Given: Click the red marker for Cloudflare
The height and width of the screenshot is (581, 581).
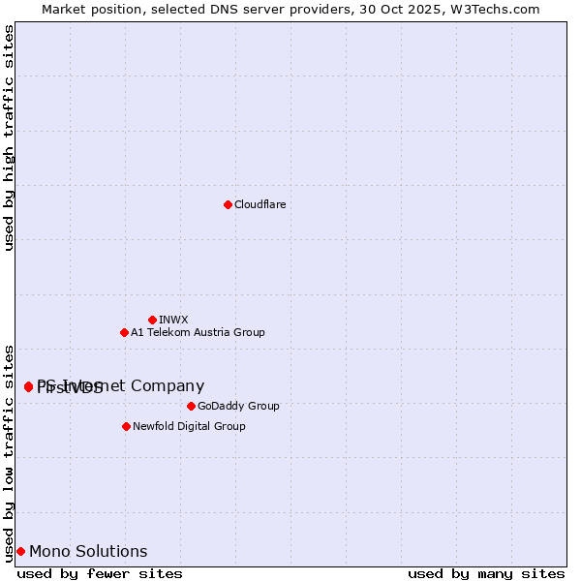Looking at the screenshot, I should coord(228,204).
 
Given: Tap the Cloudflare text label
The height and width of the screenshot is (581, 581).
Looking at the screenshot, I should coord(260,204).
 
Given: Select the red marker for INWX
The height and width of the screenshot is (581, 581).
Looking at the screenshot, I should coord(152,320).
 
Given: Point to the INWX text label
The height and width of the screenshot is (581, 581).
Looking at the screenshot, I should coord(173,320).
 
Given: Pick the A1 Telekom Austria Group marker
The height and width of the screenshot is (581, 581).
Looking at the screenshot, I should coord(124,332).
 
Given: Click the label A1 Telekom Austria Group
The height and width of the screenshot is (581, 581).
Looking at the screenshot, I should coord(198,332).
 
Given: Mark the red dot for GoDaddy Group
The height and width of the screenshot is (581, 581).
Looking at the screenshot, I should coord(191,406).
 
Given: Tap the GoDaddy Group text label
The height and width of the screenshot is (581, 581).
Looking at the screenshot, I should coord(237,406).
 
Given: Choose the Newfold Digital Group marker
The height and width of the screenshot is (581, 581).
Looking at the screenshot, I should coord(126,426).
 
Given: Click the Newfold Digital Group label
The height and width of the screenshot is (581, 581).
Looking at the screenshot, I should coord(189,426).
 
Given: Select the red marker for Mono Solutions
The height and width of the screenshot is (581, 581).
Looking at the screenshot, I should coord(20,552).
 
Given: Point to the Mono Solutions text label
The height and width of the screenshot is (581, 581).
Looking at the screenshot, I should coord(88,552).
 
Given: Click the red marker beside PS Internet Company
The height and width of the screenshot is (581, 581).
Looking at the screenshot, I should coord(28,386).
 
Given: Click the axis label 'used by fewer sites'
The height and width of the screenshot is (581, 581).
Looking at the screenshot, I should coord(100,573).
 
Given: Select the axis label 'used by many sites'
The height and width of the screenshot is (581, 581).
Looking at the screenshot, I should coord(486,573).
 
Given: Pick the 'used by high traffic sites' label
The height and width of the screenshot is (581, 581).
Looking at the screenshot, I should coord(9,138).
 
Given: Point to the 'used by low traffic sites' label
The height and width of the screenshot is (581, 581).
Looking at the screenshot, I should coord(9,452).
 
